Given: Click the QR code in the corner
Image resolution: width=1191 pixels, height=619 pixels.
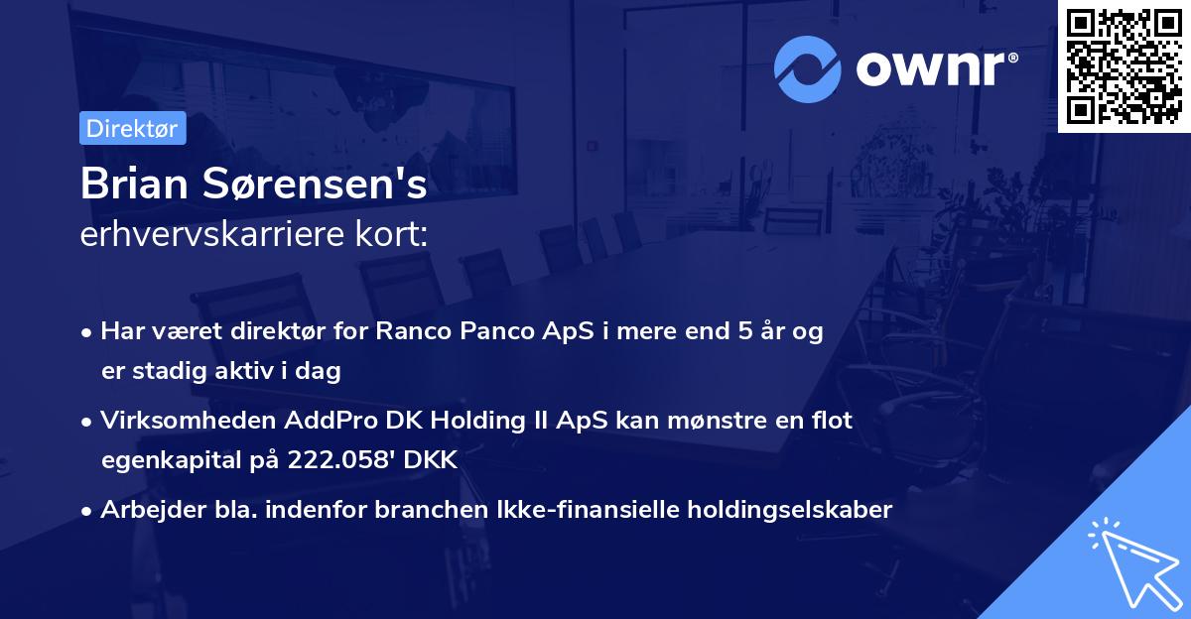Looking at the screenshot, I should pyautogui.click(x=1124, y=65).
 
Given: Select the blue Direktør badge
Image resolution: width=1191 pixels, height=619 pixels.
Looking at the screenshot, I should pyautogui.click(x=132, y=128).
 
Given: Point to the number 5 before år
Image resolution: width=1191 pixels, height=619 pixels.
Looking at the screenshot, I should pyautogui.click(x=743, y=332).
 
